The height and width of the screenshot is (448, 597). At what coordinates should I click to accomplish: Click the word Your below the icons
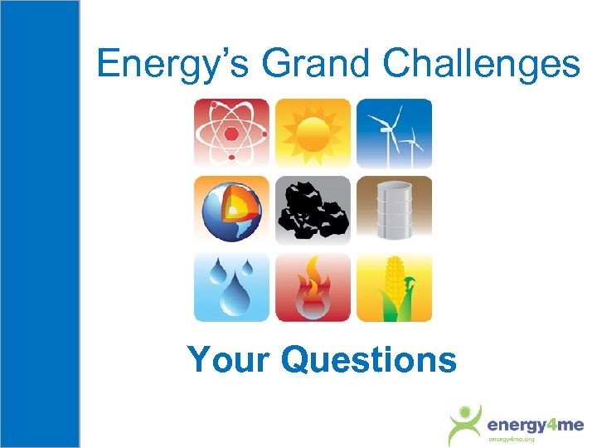[x=229, y=360]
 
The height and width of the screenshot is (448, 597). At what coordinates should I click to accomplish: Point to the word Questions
[x=369, y=360]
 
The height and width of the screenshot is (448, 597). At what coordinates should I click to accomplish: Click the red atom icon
[x=231, y=133]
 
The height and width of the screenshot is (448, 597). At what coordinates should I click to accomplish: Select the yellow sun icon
[x=313, y=133]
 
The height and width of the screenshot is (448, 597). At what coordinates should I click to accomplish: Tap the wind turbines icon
[x=394, y=133]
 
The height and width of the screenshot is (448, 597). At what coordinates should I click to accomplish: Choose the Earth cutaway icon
[x=231, y=210]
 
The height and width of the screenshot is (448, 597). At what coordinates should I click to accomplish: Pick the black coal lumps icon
[x=313, y=210]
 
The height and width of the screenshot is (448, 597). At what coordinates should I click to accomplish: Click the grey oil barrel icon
[x=394, y=210]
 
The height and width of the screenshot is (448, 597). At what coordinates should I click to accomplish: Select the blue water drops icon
[x=231, y=287]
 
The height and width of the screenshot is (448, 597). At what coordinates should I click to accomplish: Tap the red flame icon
[x=313, y=287]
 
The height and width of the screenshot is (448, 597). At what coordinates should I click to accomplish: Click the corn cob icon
[x=394, y=287]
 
